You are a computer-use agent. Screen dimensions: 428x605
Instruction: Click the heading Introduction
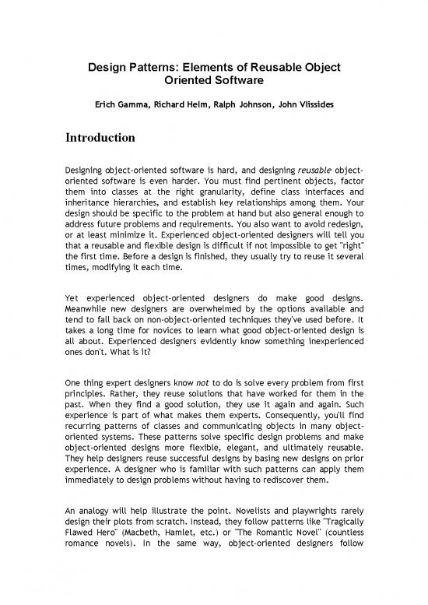click(100, 138)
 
